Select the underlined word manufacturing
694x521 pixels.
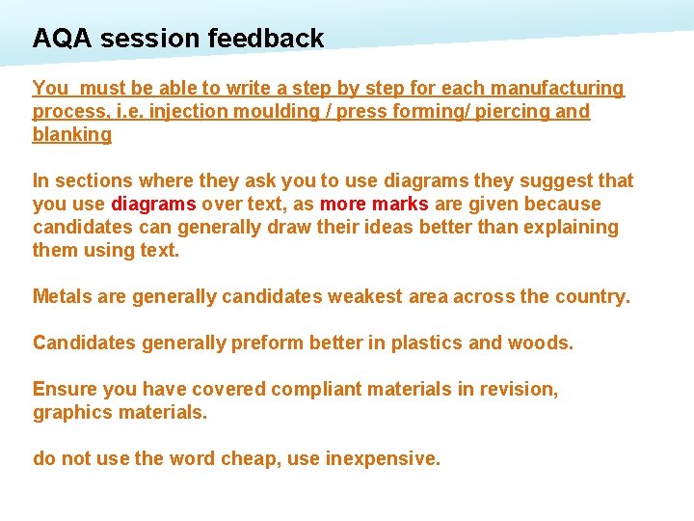[563, 89]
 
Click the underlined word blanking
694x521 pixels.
[72, 135]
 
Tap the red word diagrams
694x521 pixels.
[154, 205]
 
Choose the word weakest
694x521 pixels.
[365, 297]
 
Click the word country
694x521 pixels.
[591, 297]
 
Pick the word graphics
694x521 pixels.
[72, 413]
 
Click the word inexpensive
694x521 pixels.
[383, 459]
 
